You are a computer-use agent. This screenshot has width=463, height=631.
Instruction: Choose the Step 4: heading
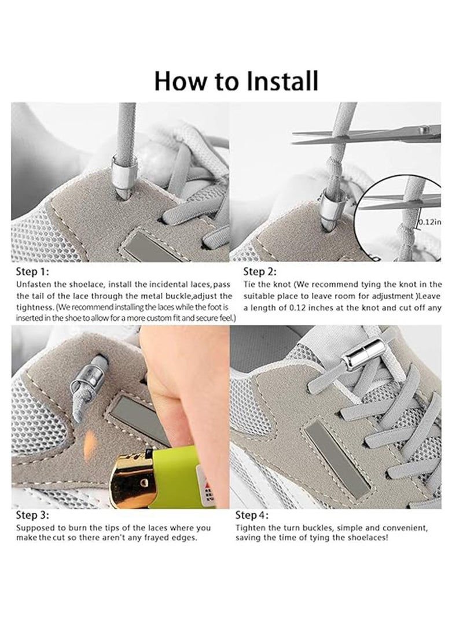coord(252,514)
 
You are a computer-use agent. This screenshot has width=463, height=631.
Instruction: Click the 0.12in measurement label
coord(429,221)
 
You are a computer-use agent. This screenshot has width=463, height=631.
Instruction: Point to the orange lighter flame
coord(90,445)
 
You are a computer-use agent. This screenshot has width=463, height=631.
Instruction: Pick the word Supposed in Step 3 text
coord(35,528)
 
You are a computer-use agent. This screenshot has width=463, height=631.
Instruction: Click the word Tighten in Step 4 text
coord(251,528)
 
